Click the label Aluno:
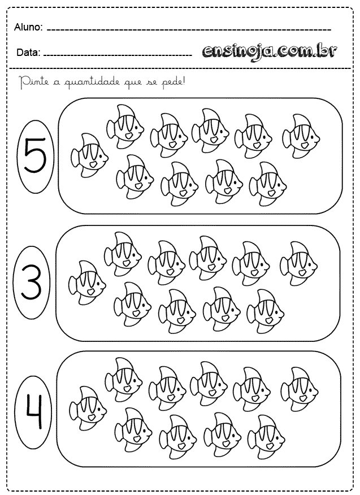[28, 28]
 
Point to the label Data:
[28, 53]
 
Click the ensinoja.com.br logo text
[270, 51]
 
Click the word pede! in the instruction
[173, 82]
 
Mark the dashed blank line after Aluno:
[189, 30]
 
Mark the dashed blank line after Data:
[118, 55]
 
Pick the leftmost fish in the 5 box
[89, 155]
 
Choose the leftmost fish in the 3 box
[87, 283]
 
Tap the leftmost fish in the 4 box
[88, 408]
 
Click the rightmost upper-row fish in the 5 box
[301, 136]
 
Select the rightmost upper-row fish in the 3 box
[299, 263]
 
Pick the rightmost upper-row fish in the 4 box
[300, 389]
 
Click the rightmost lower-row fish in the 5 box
[268, 184]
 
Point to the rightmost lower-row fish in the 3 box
[266, 311]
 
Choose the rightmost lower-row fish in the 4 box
[266, 437]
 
